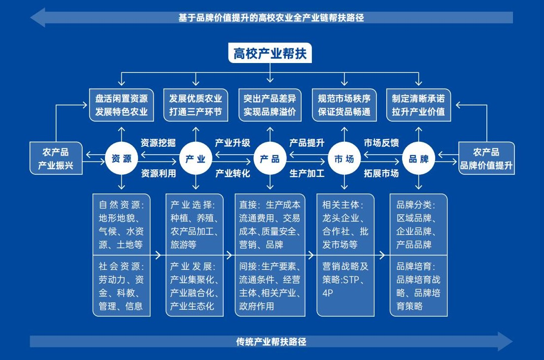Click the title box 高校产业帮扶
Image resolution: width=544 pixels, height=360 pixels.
(x=270, y=53)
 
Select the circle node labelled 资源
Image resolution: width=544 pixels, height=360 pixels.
(x=121, y=159)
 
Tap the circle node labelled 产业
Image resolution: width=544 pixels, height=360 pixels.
(x=196, y=159)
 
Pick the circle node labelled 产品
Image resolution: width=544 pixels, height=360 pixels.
(x=270, y=159)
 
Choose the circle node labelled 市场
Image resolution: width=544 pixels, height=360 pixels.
(x=344, y=159)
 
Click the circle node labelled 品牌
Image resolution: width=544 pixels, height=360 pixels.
(x=418, y=159)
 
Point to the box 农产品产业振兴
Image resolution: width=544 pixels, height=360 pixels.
(x=56, y=159)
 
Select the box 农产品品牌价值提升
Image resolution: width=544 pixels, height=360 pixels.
(x=486, y=159)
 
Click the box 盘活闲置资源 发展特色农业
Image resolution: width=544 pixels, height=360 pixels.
(x=121, y=104)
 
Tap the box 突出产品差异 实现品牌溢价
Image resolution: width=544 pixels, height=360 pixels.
(x=270, y=104)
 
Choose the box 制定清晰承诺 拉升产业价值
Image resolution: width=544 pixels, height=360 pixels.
(x=418, y=104)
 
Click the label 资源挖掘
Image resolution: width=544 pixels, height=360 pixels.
(x=158, y=143)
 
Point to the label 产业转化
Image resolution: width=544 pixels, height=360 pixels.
(x=233, y=173)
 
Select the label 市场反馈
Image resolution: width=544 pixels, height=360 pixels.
(x=381, y=143)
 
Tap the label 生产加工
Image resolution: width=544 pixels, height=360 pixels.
(x=307, y=173)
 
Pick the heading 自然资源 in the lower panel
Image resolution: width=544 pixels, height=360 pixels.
(x=121, y=204)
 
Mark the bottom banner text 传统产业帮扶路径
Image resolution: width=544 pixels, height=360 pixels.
(x=271, y=341)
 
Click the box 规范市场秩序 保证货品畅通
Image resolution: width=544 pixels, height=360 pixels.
(x=344, y=104)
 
